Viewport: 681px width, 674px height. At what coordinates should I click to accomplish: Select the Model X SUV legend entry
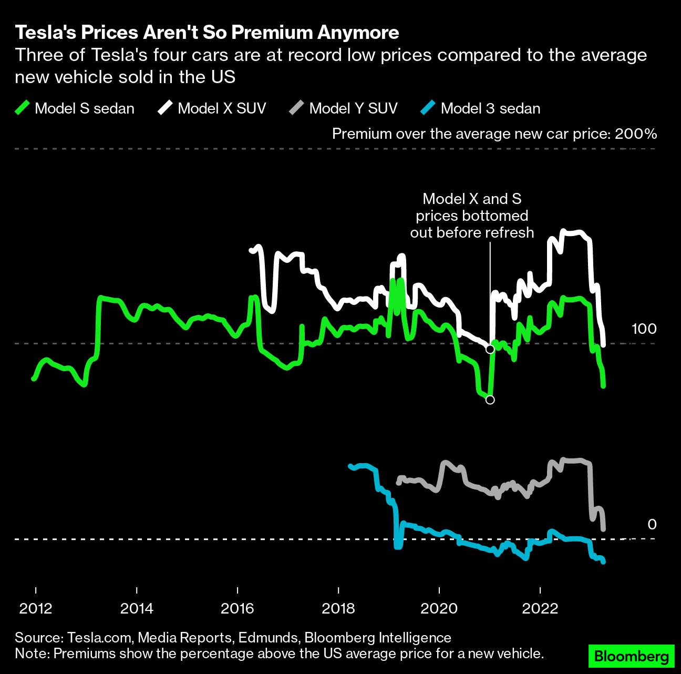point(212,108)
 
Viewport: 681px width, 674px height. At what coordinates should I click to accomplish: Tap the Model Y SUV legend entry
point(344,108)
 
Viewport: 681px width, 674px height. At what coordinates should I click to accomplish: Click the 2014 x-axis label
point(137,608)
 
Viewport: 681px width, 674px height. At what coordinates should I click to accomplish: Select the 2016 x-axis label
point(238,608)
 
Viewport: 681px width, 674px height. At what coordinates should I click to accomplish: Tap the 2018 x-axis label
point(338,608)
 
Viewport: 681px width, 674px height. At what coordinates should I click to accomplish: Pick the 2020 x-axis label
point(439,608)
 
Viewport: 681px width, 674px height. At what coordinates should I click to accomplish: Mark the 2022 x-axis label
point(540,608)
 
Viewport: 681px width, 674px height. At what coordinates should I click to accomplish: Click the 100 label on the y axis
point(644,329)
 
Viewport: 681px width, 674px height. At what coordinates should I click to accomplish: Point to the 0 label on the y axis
point(652,524)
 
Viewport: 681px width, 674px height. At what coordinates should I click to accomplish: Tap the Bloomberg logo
point(631,656)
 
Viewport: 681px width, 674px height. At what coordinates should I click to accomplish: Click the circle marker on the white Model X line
point(490,349)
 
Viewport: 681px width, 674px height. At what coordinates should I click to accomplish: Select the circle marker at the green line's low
point(490,400)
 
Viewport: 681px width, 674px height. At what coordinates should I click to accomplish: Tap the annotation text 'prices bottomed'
point(472,216)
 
